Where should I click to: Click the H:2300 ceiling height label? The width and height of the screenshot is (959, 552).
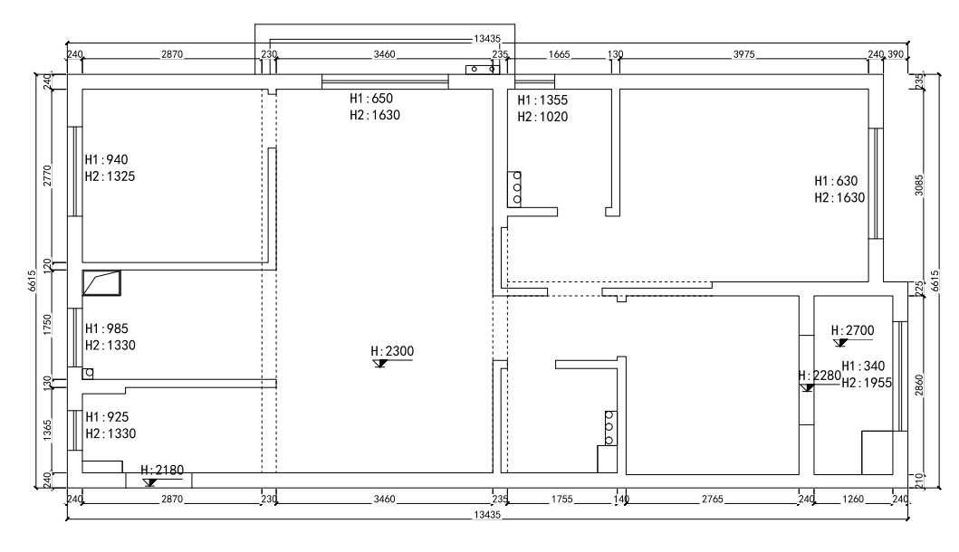click(x=392, y=351)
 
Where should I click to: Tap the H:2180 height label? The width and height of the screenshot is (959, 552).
click(x=162, y=470)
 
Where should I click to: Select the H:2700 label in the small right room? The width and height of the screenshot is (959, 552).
click(x=852, y=330)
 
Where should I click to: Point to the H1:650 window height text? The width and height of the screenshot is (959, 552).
click(x=371, y=99)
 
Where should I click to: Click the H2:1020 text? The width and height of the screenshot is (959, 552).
click(x=542, y=117)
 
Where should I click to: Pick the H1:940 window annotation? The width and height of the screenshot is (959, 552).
click(x=107, y=159)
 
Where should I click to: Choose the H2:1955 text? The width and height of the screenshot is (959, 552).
click(x=867, y=384)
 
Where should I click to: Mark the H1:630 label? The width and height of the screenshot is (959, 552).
click(x=836, y=181)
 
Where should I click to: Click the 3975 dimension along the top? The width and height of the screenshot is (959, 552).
click(x=743, y=54)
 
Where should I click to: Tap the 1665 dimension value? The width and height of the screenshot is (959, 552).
click(x=559, y=54)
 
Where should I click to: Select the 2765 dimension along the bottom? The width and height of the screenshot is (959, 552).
click(x=713, y=500)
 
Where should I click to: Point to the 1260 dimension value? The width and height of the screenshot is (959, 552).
click(x=853, y=500)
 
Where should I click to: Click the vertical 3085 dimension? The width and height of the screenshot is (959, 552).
click(x=919, y=186)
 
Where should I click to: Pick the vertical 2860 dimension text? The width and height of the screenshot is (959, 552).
click(x=919, y=385)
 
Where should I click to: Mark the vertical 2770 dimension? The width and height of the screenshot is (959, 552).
click(x=48, y=176)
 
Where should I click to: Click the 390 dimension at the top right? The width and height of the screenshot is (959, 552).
click(x=896, y=54)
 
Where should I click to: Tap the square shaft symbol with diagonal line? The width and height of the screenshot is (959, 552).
click(x=101, y=283)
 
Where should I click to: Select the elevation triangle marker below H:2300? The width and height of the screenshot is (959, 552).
click(x=381, y=363)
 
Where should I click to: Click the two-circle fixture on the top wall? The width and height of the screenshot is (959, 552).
click(x=483, y=69)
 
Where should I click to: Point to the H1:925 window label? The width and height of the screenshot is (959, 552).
click(x=107, y=417)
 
